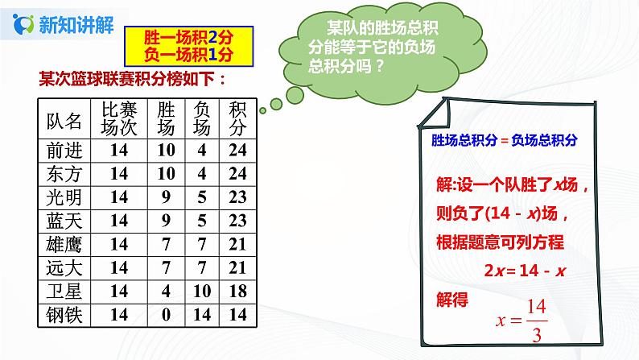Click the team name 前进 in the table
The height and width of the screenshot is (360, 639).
[x=64, y=151]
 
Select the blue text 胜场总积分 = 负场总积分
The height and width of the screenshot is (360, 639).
[x=505, y=139]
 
